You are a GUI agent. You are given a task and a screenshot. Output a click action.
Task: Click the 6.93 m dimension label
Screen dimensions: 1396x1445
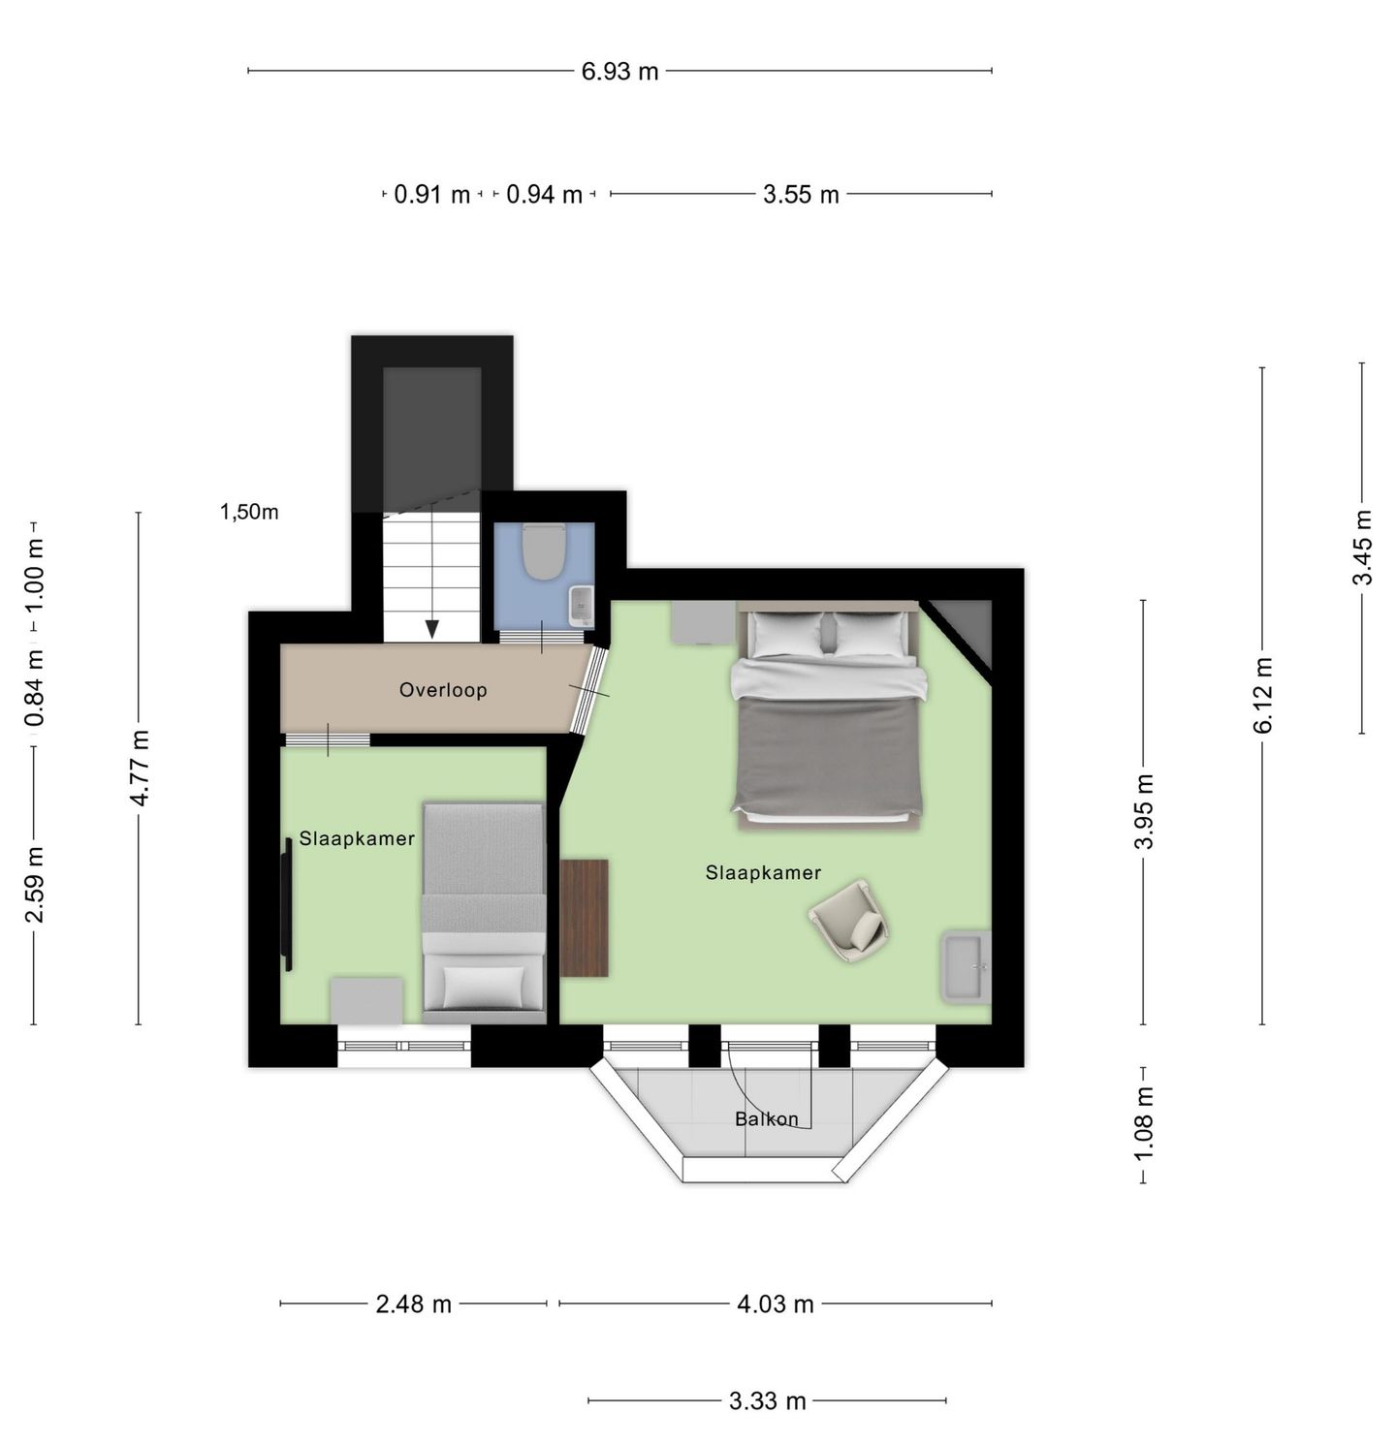[x=619, y=72]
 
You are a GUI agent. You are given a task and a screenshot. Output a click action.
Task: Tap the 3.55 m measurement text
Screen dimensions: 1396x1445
[x=801, y=195]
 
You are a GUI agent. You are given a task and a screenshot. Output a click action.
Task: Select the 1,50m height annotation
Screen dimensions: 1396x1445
[x=249, y=512]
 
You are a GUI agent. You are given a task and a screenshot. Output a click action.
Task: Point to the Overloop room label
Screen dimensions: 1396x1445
[x=443, y=690]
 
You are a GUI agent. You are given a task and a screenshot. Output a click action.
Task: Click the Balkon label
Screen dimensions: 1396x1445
[x=767, y=1119]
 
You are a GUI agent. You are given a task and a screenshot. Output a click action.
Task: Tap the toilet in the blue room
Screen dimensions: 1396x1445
[x=544, y=550]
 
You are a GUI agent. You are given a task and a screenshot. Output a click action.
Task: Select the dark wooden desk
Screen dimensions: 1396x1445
[x=585, y=918]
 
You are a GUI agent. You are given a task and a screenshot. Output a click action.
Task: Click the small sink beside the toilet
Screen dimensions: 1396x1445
[x=582, y=606]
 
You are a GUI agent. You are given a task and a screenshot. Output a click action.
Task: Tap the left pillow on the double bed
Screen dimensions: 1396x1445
[x=788, y=634]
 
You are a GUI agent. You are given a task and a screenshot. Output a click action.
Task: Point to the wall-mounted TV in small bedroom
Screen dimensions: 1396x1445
[x=287, y=904]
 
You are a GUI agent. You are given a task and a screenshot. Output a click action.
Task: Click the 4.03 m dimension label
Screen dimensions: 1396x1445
[x=776, y=1304]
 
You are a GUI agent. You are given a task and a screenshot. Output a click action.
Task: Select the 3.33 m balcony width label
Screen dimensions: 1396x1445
[x=768, y=1401]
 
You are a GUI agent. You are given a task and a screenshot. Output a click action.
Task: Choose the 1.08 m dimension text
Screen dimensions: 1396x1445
[x=1145, y=1123]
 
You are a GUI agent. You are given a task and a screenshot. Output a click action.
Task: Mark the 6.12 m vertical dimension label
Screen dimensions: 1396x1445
[x=1263, y=696]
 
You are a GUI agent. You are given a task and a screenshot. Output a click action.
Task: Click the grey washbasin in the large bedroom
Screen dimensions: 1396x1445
[x=966, y=966]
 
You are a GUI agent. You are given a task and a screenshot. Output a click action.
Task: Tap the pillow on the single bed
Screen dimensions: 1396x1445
[x=484, y=987]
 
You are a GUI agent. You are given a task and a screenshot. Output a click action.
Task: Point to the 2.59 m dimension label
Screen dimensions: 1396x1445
[x=35, y=885]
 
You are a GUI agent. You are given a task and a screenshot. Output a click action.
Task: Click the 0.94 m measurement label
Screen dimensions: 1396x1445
[x=545, y=195]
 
